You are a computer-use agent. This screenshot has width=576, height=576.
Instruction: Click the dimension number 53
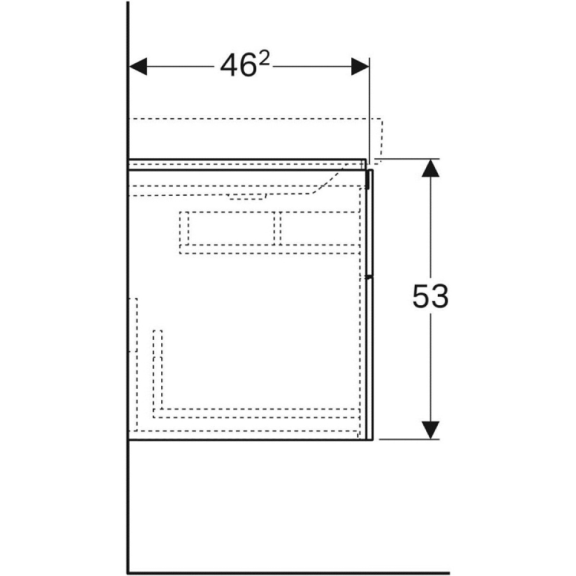430,295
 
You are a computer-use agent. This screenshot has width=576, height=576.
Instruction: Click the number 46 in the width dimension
238,66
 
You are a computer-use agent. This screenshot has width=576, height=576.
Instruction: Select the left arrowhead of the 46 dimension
138,66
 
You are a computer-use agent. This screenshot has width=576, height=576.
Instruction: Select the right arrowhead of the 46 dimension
360,66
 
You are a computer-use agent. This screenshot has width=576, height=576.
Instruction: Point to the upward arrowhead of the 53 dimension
430,168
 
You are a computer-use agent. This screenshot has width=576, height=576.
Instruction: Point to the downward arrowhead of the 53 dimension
430,430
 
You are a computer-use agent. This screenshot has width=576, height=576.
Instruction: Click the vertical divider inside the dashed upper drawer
278,229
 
